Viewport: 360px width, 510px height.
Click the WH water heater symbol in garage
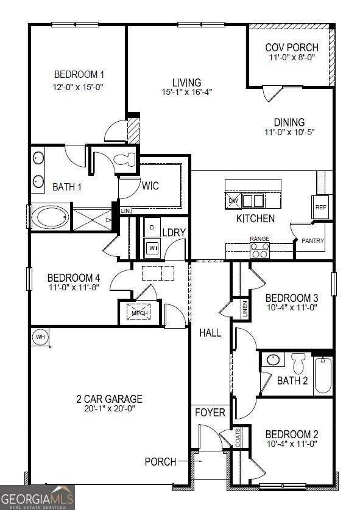(40, 337)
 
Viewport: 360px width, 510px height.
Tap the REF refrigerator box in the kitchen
(320, 207)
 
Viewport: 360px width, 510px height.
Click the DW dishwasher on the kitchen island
(233, 200)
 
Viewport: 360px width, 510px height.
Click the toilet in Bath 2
(298, 364)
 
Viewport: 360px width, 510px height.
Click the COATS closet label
(238, 437)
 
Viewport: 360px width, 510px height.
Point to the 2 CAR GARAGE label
(109, 399)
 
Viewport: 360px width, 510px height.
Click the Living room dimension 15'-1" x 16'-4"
(186, 93)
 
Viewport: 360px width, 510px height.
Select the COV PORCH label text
(289, 47)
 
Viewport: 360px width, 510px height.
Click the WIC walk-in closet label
(150, 186)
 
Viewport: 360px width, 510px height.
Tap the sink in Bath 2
(274, 360)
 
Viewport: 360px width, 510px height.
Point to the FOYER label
(210, 413)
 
